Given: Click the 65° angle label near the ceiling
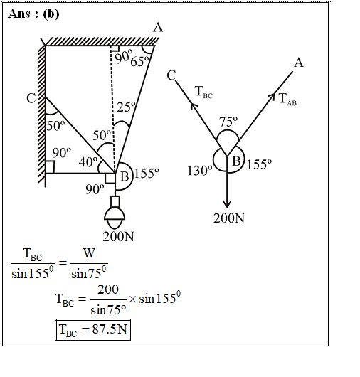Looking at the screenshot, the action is (x=139, y=61).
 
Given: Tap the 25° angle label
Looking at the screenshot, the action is (x=127, y=107).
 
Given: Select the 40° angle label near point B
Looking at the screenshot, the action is (x=88, y=161).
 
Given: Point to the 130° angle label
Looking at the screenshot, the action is (x=200, y=171).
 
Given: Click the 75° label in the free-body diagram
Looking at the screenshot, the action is (x=228, y=122).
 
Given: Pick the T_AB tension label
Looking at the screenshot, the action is (x=287, y=100).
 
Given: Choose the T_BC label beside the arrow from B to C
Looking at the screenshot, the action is (x=204, y=92).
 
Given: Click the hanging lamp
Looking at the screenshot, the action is (x=115, y=212).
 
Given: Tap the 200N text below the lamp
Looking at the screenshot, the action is (x=118, y=237).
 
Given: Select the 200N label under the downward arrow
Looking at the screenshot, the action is (x=229, y=218).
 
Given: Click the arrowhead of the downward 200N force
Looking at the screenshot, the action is (x=227, y=204).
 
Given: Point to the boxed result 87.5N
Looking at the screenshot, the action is (x=93, y=330).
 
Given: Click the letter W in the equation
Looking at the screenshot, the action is (x=89, y=253).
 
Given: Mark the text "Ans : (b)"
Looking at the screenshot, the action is (x=33, y=14).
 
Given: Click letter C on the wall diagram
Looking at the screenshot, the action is (x=31, y=98).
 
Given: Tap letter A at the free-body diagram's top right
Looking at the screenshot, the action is (x=299, y=63).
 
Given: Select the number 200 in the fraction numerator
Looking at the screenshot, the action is (x=108, y=290).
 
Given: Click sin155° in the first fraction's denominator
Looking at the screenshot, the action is (x=33, y=272).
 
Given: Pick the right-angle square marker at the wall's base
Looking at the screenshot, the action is (x=50, y=167).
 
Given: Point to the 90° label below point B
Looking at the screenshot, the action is (x=95, y=189).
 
